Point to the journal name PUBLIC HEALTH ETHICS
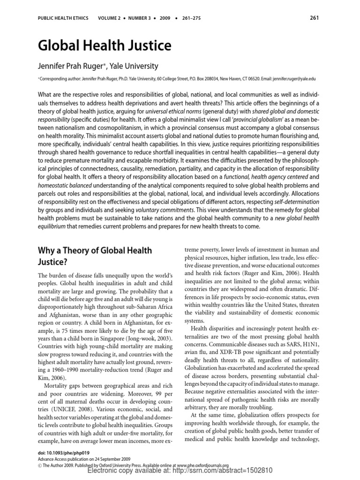(62, 19)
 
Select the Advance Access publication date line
(84, 459)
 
